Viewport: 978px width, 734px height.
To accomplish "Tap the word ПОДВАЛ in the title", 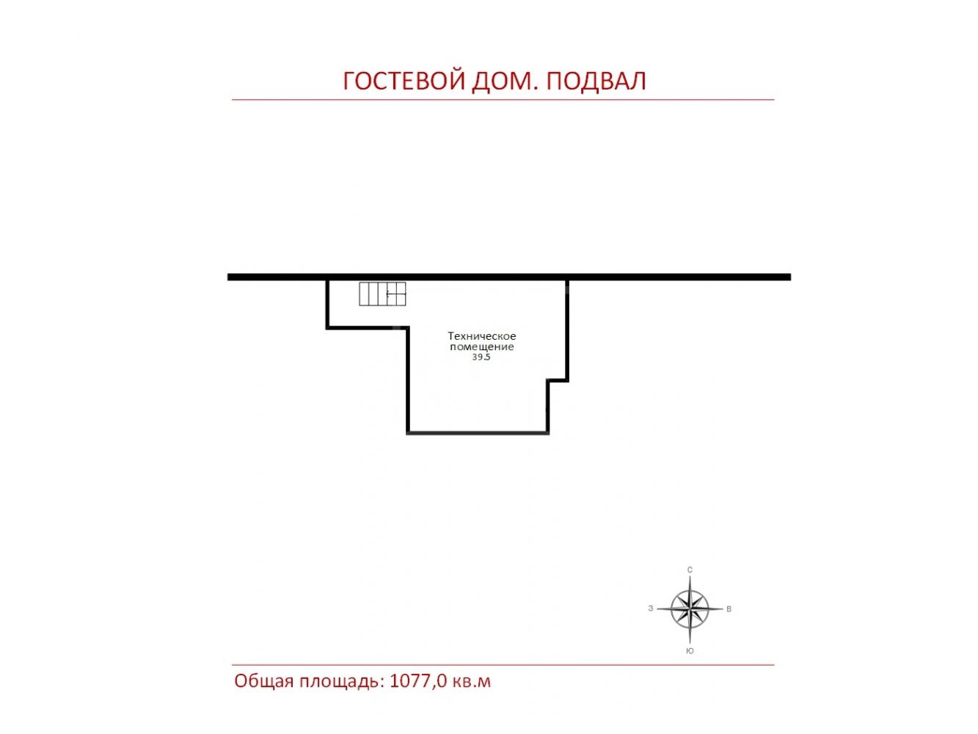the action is point(596,81).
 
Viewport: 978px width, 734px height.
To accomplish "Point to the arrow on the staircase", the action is point(396,294).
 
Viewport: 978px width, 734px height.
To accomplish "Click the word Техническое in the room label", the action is point(481,336).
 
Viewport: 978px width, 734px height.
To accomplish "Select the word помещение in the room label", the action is point(481,346).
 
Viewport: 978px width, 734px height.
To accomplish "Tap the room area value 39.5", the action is point(481,357).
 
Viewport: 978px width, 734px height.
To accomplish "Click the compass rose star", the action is point(689,608).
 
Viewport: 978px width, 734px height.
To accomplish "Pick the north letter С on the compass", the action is point(690,570).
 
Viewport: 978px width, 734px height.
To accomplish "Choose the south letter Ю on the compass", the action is point(690,651).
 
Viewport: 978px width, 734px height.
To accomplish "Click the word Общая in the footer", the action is point(263,682).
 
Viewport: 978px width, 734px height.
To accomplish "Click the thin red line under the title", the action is point(503,100).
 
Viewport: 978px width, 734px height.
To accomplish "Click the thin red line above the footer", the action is point(503,665).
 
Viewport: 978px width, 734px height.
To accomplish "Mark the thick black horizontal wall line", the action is point(509,277).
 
